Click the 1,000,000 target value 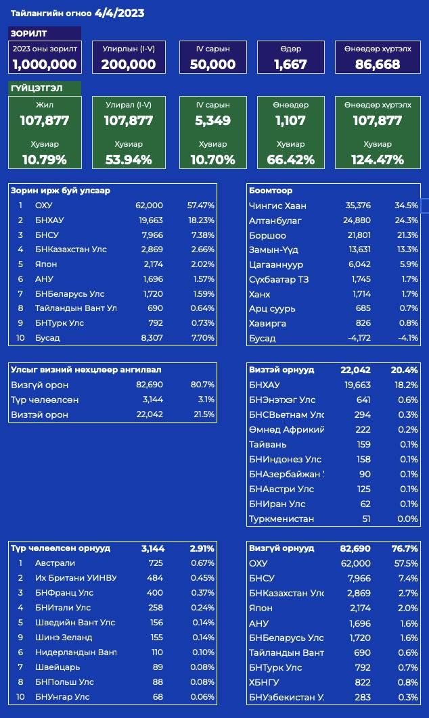(x=45, y=64)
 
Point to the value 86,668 (x=378, y=64)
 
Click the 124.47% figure (x=377, y=160)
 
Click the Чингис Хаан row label (x=277, y=206)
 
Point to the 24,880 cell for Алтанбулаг (x=357, y=220)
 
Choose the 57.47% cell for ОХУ (x=200, y=205)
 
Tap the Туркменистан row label (x=281, y=519)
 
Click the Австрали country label (x=55, y=563)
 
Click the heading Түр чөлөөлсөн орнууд (x=60, y=548)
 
